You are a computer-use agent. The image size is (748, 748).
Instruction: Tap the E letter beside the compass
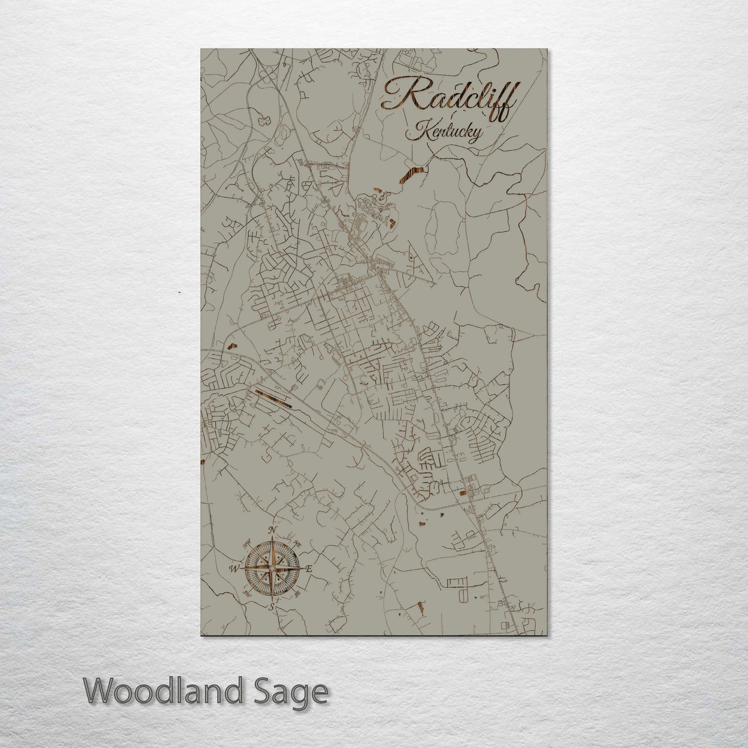click(309, 569)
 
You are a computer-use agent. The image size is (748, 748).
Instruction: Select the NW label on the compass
click(247, 543)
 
